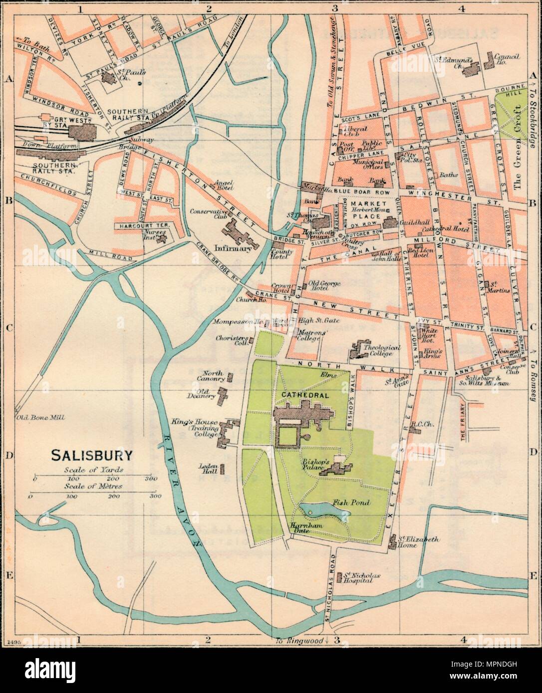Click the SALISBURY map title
tap(92, 455)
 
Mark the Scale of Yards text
tap(94, 470)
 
